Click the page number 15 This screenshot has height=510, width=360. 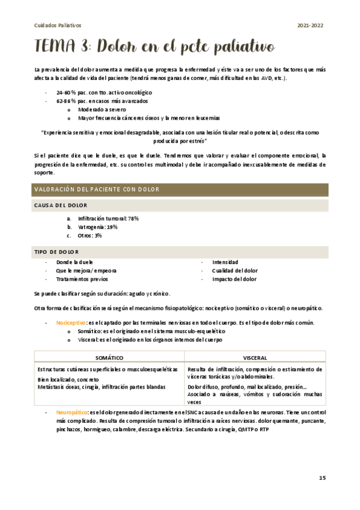(322, 478)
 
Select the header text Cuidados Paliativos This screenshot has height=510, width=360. (57, 25)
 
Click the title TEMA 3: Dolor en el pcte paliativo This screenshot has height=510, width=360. (154, 46)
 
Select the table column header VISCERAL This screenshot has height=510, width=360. (255, 357)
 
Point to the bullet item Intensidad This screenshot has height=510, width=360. (225, 262)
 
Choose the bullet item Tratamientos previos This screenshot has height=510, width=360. (82, 279)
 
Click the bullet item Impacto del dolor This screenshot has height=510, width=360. (234, 279)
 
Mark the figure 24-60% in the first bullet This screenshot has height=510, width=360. (66, 93)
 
